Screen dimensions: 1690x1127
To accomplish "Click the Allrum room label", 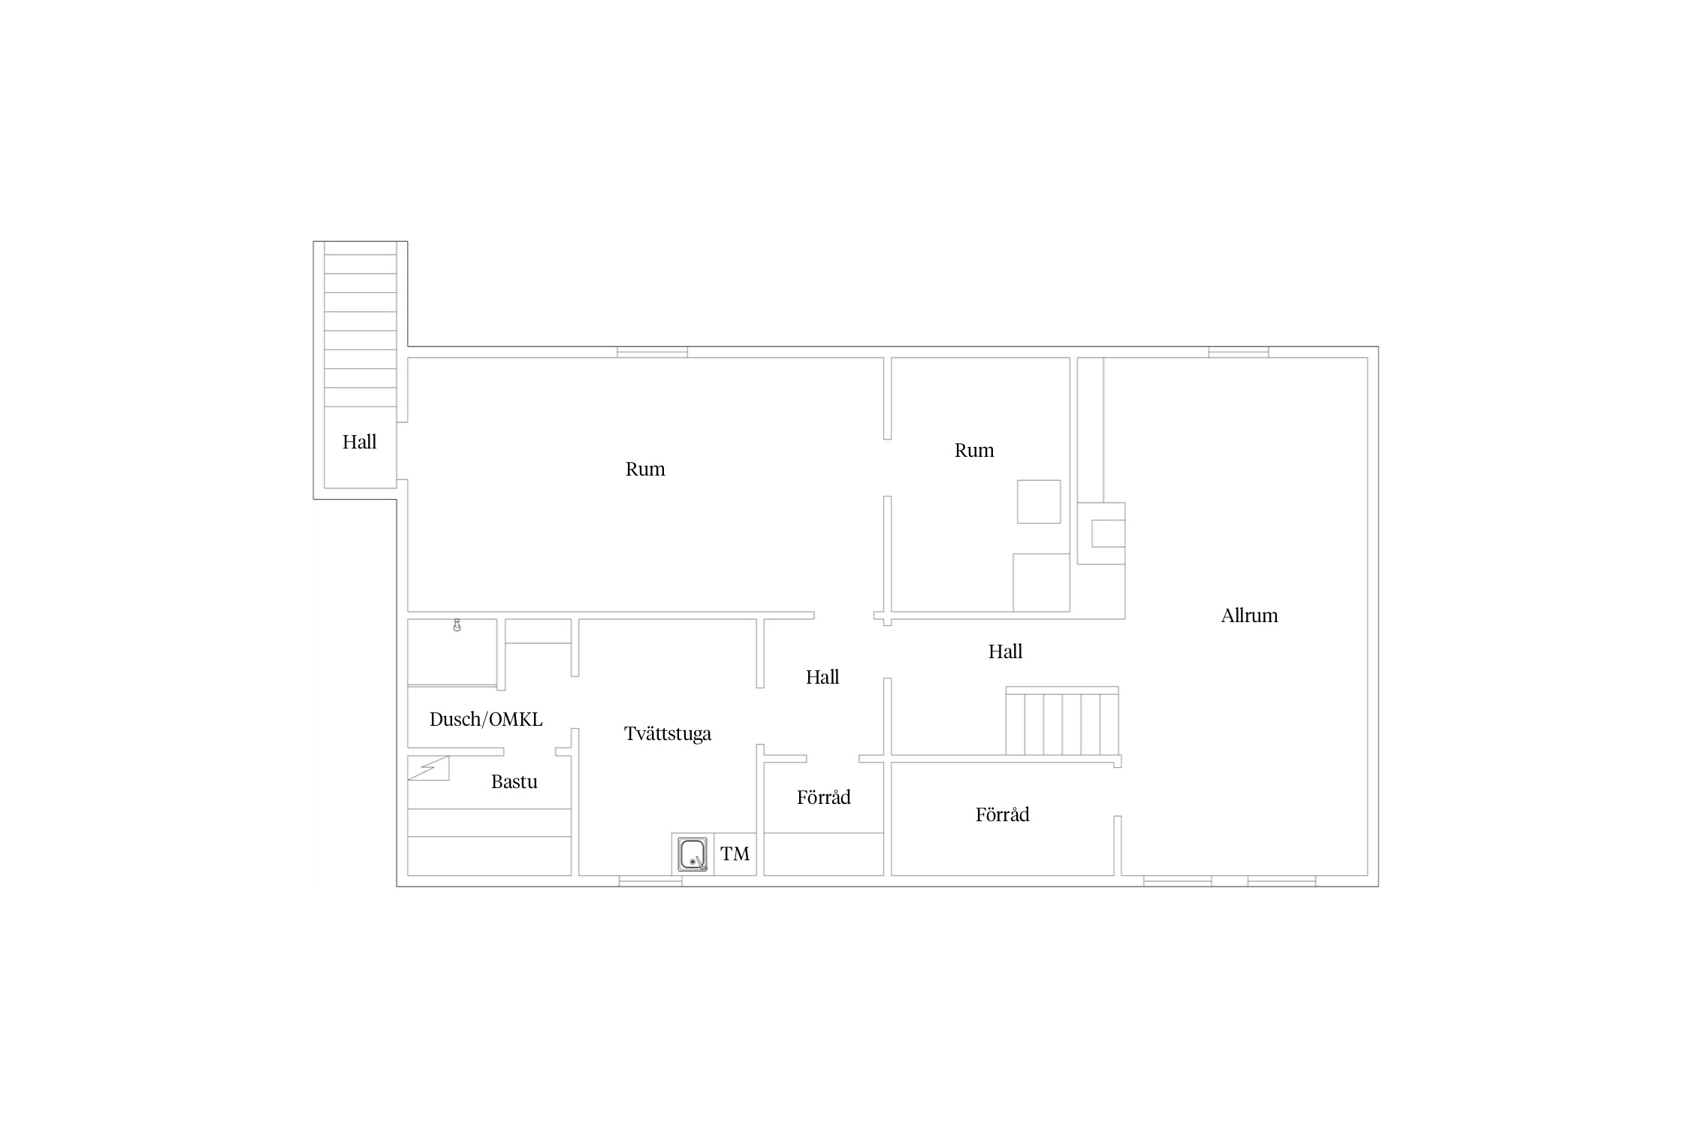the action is [1249, 615].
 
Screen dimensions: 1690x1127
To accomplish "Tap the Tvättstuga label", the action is [668, 733].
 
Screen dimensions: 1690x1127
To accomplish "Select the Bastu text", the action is [515, 781].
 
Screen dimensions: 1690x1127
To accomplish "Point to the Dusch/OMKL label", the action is [486, 719].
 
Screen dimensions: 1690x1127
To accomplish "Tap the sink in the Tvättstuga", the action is [693, 854].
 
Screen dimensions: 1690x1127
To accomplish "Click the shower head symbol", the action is [457, 625].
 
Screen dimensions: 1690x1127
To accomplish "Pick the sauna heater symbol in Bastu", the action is [428, 768].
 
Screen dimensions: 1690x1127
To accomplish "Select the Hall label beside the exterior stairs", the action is [360, 442].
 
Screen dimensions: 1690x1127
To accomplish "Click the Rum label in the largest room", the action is [645, 469].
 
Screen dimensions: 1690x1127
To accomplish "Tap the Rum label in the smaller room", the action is [974, 450].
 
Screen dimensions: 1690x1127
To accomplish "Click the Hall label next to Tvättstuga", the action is [822, 677].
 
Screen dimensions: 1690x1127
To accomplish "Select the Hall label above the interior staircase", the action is [1005, 651].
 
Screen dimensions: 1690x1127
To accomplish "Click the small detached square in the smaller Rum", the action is [1039, 501].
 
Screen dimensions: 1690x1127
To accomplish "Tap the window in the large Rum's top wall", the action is [652, 352].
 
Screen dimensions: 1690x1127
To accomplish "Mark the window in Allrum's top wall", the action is [1239, 352].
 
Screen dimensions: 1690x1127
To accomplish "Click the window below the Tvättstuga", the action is [650, 881].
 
